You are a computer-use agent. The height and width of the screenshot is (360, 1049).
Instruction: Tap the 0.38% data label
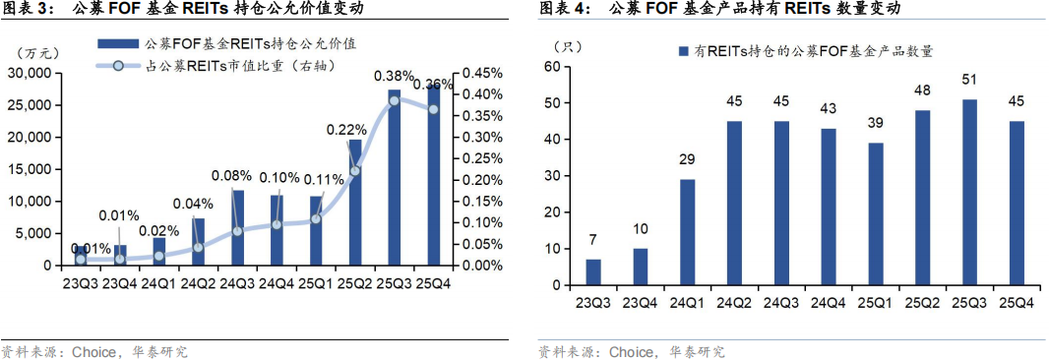tap(394, 76)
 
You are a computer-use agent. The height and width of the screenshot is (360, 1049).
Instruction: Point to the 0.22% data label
tap(346, 129)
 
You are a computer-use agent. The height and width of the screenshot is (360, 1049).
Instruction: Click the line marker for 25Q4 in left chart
tap(433, 108)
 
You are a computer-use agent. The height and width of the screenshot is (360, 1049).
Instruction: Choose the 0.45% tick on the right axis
tap(483, 74)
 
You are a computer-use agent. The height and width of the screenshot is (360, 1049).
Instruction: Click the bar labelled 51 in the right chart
tap(969, 193)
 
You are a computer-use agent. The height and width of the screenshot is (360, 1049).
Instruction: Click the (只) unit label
tap(568, 46)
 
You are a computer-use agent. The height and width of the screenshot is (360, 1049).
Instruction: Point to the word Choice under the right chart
tap(633, 351)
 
